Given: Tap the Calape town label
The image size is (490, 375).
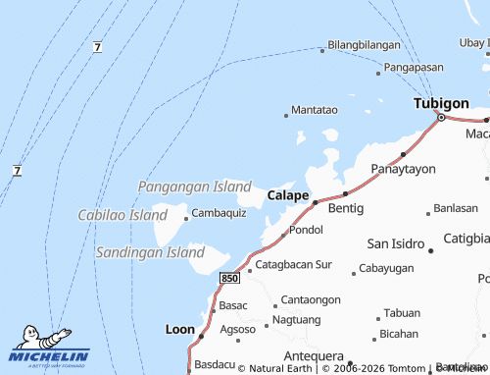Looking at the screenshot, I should [288, 196].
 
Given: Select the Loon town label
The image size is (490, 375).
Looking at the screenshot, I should [180, 330].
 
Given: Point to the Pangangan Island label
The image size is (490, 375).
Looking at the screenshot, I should [194, 186].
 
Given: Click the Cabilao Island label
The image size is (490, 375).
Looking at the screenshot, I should [122, 214].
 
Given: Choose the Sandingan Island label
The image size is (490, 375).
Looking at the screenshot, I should [150, 252].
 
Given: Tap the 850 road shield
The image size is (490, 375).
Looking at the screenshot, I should [230, 279].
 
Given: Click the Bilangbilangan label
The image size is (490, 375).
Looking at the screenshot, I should [364, 45].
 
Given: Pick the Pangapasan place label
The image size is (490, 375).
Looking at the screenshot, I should [414, 68].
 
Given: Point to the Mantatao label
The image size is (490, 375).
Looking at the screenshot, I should [315, 110].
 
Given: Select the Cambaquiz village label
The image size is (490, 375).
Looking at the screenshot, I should [219, 213].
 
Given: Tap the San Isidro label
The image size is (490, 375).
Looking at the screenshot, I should [395, 243].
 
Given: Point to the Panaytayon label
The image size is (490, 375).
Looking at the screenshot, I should [403, 169].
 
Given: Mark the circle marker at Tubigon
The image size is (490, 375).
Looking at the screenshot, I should [441, 118].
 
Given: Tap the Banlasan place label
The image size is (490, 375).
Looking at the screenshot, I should [456, 208].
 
